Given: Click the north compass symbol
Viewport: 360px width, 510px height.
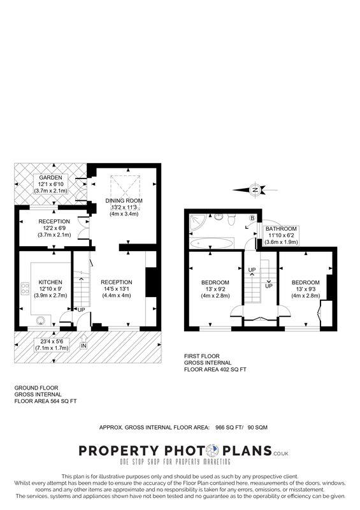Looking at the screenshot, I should (x=255, y=189).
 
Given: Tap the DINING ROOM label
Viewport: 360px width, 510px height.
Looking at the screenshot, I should (x=124, y=200).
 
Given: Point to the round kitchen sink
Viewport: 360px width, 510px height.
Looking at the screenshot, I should (x=42, y=321).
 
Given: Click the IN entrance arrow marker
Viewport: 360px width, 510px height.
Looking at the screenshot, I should (x=83, y=346).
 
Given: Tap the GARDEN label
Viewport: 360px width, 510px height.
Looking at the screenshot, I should (x=50, y=177).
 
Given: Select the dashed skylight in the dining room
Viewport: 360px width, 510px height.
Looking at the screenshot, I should (x=124, y=185).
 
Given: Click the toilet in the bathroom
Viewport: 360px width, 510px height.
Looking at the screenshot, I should (x=233, y=219).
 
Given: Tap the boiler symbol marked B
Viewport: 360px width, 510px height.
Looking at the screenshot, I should (x=252, y=218).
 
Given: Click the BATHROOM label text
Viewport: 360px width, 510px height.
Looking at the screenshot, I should (x=281, y=228).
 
